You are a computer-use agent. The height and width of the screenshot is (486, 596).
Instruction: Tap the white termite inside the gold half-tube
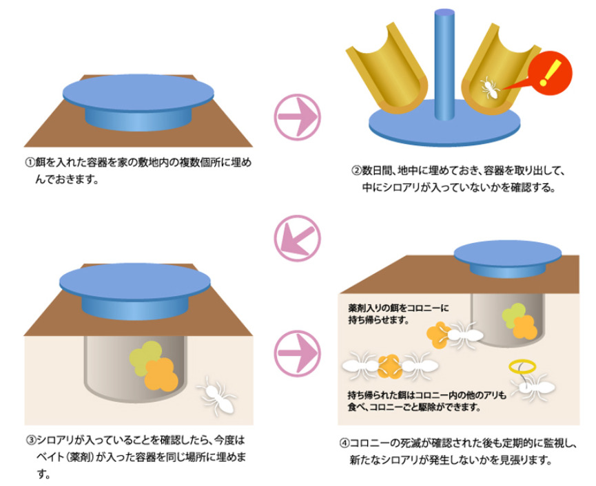pyautogui.click(x=490, y=89)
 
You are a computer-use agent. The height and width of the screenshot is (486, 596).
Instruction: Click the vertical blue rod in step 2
pyautogui.click(x=444, y=65)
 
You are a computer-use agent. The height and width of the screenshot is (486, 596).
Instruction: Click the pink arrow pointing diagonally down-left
pyautogui.click(x=298, y=238)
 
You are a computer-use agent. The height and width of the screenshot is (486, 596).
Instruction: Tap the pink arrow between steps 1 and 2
pyautogui.click(x=298, y=117)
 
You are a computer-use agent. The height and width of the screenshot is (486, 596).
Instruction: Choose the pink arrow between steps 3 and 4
pyautogui.click(x=298, y=353)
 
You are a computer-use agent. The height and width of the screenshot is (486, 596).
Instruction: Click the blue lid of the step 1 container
pyautogui.click(x=138, y=93)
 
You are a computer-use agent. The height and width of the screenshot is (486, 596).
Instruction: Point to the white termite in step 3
pyautogui.click(x=216, y=396)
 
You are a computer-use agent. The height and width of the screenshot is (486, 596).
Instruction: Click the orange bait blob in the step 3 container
pyautogui.click(x=161, y=374)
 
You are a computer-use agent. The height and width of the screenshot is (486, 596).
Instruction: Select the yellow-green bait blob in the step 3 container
pyautogui.click(x=145, y=357)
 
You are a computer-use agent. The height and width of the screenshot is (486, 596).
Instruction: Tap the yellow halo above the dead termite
pyautogui.click(x=523, y=366)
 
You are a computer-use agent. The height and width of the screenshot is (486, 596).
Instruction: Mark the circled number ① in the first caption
pyautogui.click(x=30, y=162)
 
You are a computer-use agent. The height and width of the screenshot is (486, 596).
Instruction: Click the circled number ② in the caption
pyautogui.click(x=356, y=171)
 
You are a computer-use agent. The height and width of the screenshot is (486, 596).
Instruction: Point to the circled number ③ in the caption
pyautogui.click(x=31, y=440)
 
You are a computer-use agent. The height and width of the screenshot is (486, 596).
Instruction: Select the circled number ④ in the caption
pyautogui.click(x=344, y=443)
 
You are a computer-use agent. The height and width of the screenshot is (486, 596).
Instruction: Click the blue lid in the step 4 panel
pyautogui.click(x=508, y=253)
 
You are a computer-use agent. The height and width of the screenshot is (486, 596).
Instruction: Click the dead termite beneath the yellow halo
pyautogui.click(x=532, y=388)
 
